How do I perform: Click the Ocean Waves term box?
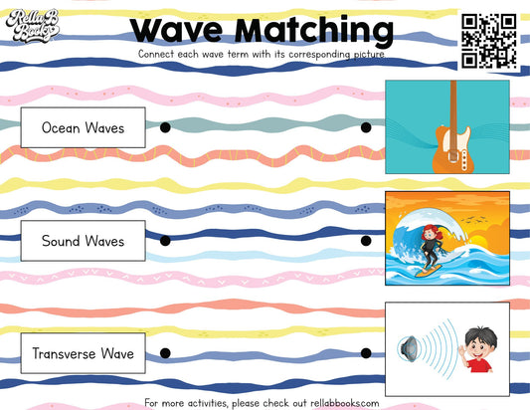[83, 127]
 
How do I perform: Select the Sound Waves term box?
[83, 241]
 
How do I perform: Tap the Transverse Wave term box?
[83, 353]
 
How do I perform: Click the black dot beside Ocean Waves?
[165, 127]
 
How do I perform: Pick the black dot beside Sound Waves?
[165, 241]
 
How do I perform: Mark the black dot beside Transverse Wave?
[165, 353]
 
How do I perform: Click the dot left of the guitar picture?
[366, 127]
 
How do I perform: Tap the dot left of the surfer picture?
[366, 241]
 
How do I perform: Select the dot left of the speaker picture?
[366, 353]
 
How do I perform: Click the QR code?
[488, 42]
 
